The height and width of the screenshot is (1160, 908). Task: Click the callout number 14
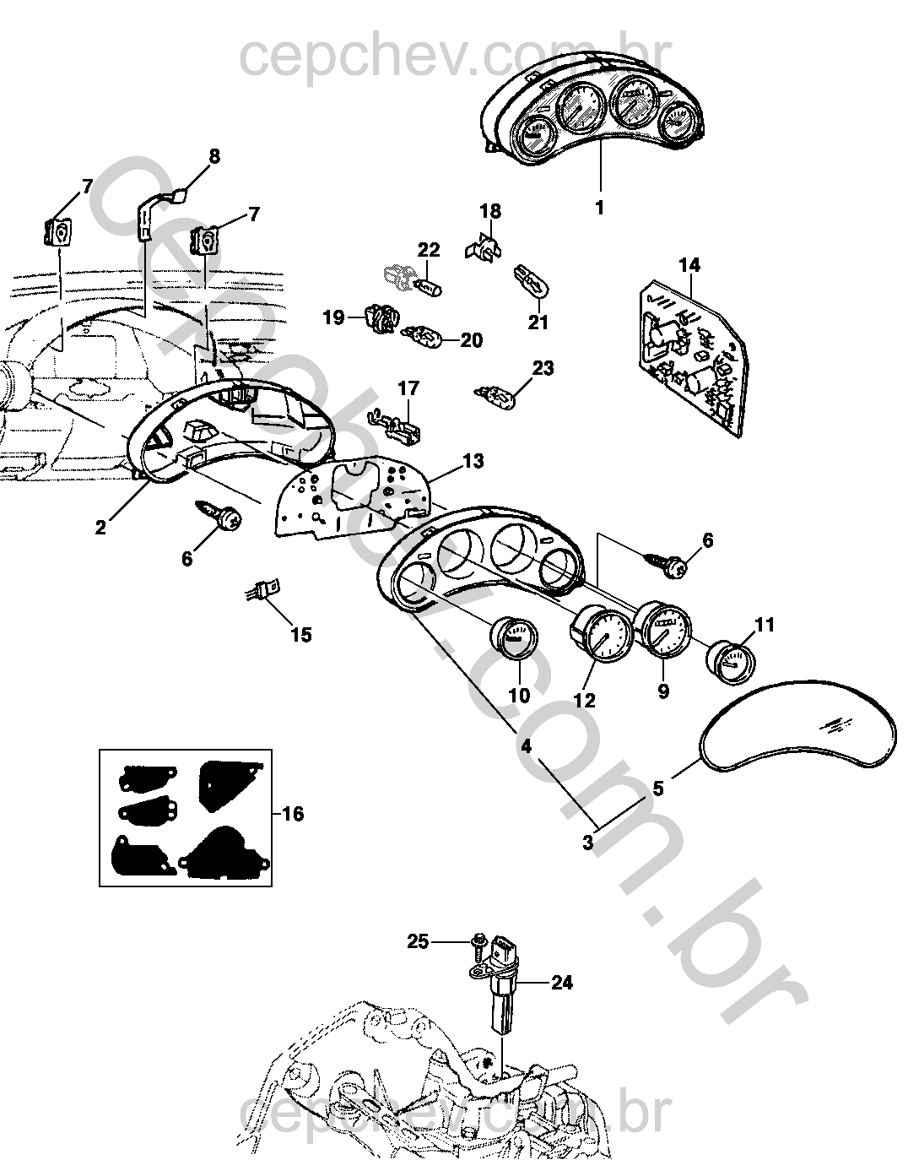coord(689,265)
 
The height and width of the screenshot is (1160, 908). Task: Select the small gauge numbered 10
coord(514,639)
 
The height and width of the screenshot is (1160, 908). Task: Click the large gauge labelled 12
coord(602,639)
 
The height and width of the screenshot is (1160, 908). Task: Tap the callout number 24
coord(562,983)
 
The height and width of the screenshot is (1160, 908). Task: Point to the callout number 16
coord(292,814)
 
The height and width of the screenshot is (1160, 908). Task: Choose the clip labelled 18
coord(483,244)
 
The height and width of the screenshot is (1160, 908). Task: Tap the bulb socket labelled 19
coord(381,319)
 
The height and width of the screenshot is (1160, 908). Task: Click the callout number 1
coord(600,207)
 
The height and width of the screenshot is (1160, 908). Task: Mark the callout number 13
coord(473,461)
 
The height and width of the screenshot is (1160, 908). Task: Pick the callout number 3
coord(588,841)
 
